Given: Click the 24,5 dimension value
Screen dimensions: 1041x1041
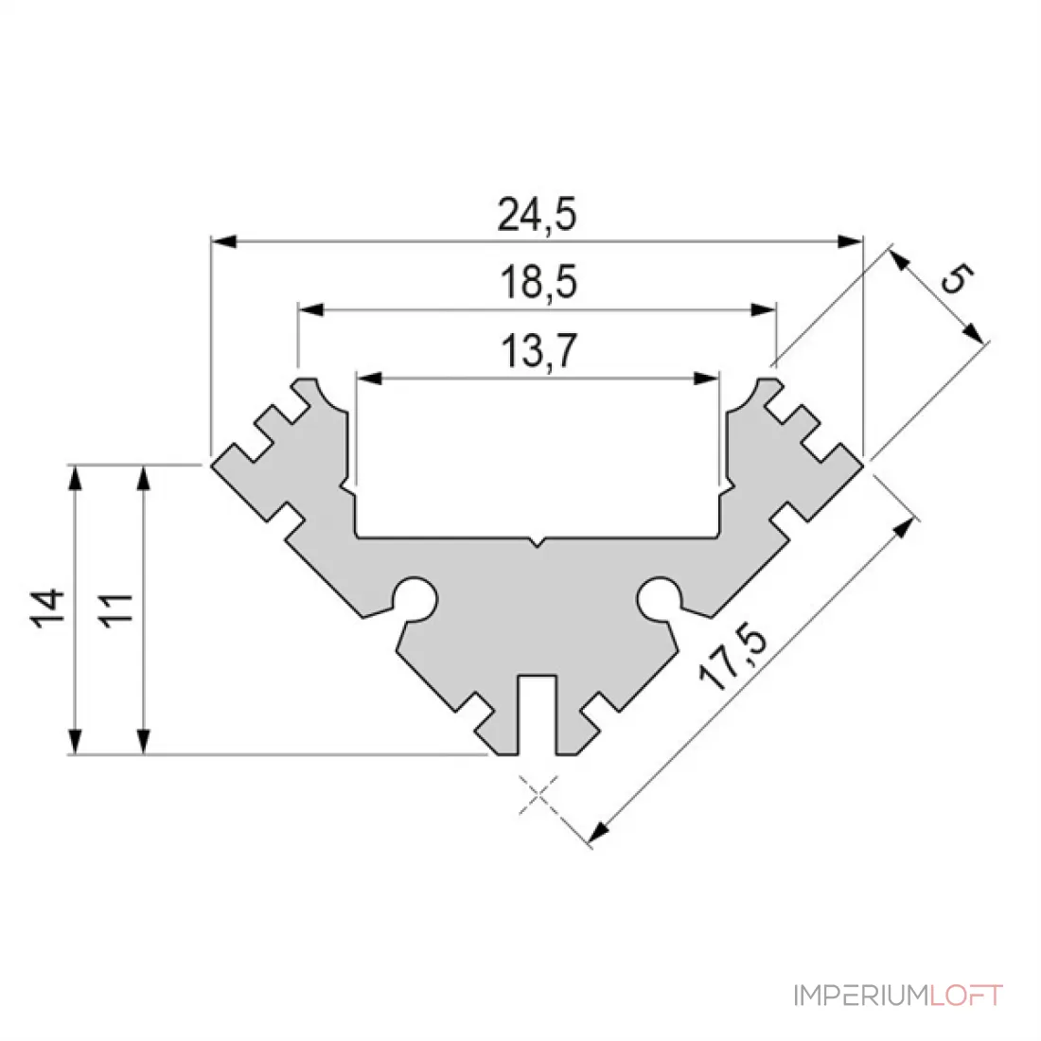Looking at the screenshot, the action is pyautogui.click(x=538, y=215).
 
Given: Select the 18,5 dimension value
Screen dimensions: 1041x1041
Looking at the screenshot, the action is pyautogui.click(x=538, y=282).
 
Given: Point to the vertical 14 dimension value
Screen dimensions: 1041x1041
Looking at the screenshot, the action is pyautogui.click(x=47, y=608).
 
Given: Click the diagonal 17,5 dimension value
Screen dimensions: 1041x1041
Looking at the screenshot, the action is pyautogui.click(x=732, y=656).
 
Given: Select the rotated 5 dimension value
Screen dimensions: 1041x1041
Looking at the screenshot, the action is pyautogui.click(x=957, y=277).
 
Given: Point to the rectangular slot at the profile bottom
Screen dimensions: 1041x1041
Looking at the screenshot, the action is pyautogui.click(x=538, y=715).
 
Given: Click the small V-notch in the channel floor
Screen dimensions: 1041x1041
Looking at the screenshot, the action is pyautogui.click(x=538, y=541).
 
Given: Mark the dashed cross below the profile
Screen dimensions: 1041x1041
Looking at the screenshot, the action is pyautogui.click(x=538, y=794).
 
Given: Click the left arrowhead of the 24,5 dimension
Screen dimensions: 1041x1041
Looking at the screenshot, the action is pyautogui.click(x=223, y=241).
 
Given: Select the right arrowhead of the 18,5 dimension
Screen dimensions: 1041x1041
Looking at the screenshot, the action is pyautogui.click(x=763, y=310).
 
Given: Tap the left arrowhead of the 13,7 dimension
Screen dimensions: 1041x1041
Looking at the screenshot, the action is pyautogui.click(x=369, y=379).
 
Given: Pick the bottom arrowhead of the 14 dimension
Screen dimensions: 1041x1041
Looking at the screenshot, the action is pyautogui.click(x=75, y=742).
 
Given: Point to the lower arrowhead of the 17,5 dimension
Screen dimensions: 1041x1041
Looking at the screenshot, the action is pyautogui.click(x=598, y=832).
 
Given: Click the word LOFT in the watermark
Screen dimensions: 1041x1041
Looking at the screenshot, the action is pyautogui.click(x=966, y=996).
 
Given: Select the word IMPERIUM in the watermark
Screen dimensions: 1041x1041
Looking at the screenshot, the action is pyautogui.click(x=862, y=996).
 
